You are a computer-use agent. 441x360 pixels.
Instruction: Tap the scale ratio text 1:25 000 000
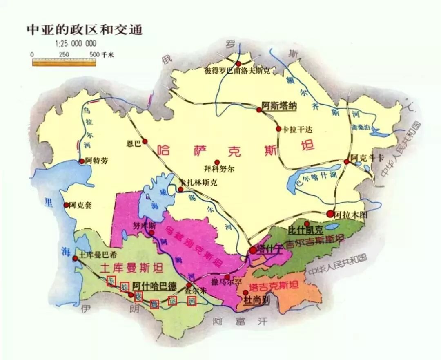pos(76,44)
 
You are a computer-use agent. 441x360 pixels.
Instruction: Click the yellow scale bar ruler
pos(64,62)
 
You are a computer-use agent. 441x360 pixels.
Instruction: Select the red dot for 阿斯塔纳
pos(259,110)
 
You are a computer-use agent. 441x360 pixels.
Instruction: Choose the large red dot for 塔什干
pos(254,250)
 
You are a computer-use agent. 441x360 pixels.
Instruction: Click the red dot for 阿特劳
pos(82,161)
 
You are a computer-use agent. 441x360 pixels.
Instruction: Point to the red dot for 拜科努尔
pos(218,162)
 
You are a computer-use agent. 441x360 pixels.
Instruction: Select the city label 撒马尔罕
pos(221,282)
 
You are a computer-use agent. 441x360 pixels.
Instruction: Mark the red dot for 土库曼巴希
pos(75,258)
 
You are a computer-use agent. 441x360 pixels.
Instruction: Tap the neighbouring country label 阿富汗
pos(241,321)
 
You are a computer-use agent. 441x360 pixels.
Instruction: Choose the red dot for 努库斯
pos(151,233)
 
